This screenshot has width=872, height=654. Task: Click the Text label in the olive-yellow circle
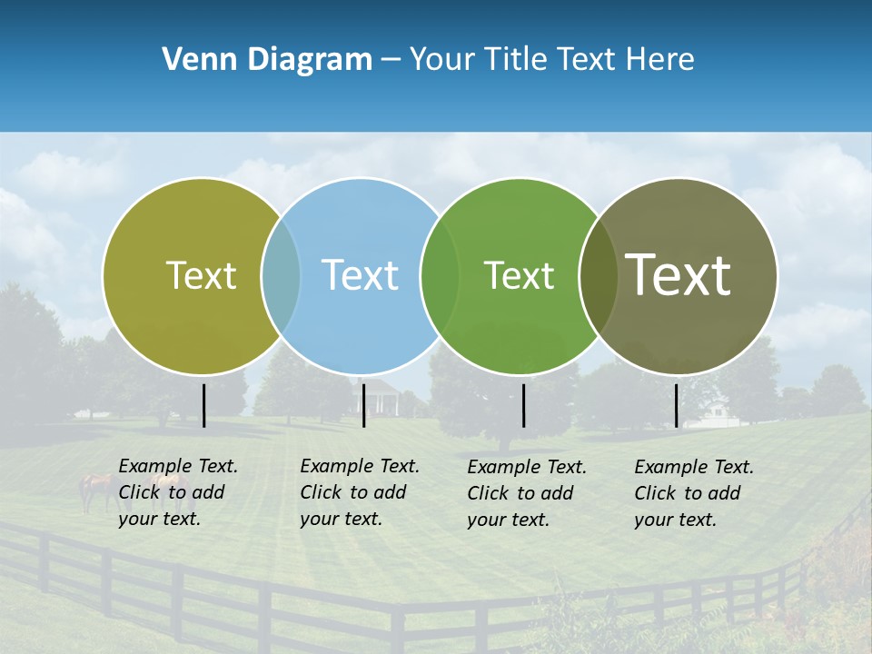tap(201, 275)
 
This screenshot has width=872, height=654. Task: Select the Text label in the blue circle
tap(360, 275)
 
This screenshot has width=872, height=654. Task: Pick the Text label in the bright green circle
tap(519, 275)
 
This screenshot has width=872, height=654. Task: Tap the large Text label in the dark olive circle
tap(678, 275)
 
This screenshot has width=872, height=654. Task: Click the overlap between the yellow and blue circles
tap(281, 276)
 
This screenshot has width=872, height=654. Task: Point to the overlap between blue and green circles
tap(441, 276)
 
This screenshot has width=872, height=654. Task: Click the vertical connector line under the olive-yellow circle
tap(203, 405)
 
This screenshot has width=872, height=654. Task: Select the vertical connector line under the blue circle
tap(363, 405)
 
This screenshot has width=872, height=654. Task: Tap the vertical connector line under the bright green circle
tap(523, 405)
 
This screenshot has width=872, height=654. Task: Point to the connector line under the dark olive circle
tap(676, 405)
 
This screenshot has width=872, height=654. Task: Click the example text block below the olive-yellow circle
tap(178, 492)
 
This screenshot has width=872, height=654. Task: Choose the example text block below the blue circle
tap(360, 492)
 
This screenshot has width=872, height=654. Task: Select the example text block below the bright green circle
tap(527, 493)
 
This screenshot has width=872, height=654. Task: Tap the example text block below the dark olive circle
tap(694, 493)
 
